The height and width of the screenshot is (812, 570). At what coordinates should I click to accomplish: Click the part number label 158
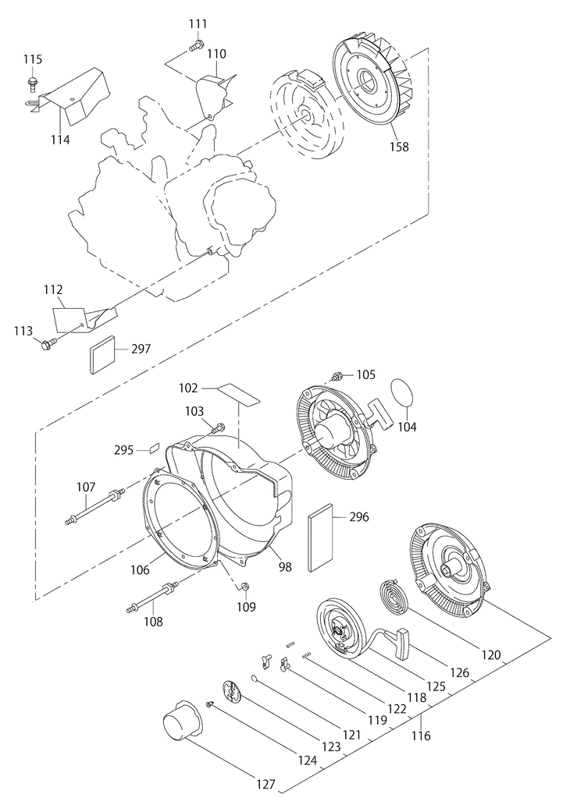pyautogui.click(x=399, y=147)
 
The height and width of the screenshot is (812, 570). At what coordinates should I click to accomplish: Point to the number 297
pyautogui.click(x=141, y=349)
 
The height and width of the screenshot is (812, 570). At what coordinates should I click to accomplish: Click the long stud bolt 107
pyautogui.click(x=95, y=506)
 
